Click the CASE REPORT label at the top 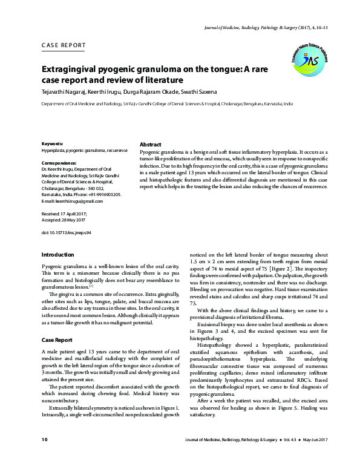coord(64,45)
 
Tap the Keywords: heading coord(53,143)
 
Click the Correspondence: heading coord(59,163)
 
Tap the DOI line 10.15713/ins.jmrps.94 coord(66,232)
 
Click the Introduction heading coord(58,254)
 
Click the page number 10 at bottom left coord(44,455)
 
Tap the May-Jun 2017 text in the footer coord(313,455)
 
